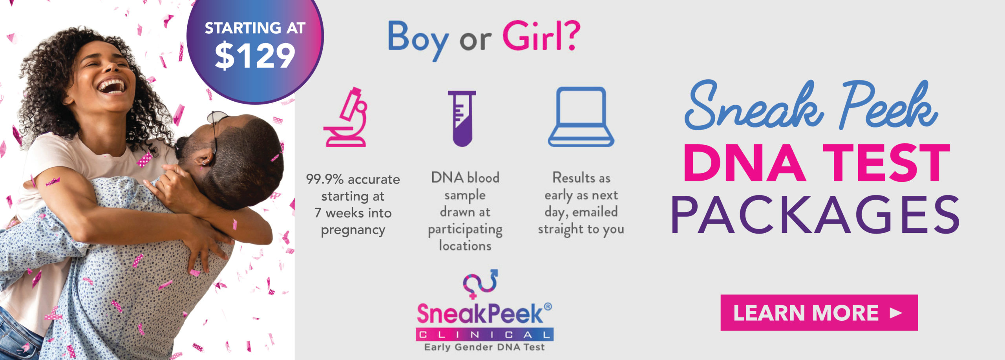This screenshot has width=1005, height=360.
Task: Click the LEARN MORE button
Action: click(819, 312)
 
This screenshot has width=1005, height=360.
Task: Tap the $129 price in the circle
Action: click(255, 56)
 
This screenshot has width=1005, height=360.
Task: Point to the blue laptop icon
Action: click(581, 117)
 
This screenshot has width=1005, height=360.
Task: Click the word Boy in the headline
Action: click(418, 39)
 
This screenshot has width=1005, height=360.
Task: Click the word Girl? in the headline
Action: click(541, 36)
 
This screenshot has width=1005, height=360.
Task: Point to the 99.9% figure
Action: click(325, 179)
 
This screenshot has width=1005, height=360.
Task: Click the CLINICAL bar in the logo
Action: click(484, 334)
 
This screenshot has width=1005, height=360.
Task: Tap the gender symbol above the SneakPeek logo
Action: click(481, 283)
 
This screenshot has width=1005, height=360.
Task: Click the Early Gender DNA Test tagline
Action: click(484, 347)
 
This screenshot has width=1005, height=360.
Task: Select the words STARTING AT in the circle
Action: click(255, 28)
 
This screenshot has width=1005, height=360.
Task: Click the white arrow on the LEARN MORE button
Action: click(896, 313)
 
